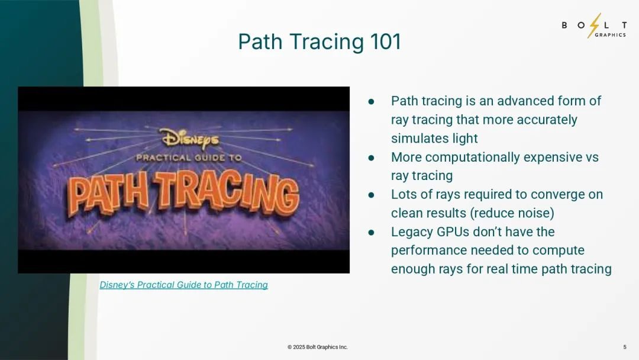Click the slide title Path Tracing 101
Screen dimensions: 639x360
[x=319, y=41]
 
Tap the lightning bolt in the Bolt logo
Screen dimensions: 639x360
[x=595, y=25]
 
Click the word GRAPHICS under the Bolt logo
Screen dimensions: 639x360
[x=610, y=35]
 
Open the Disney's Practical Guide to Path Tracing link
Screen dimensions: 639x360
[x=184, y=285]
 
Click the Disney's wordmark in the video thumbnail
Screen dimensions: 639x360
[x=189, y=139]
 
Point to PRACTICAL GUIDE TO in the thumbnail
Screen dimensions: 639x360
[x=189, y=157]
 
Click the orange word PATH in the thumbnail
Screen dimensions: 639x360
[x=108, y=195]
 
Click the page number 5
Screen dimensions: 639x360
[x=625, y=347]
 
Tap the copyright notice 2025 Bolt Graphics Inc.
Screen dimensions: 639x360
[x=318, y=347]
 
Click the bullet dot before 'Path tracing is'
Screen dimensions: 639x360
[x=371, y=101]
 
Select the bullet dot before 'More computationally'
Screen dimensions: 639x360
[x=371, y=157]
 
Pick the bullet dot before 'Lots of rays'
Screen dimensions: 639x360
[x=371, y=195]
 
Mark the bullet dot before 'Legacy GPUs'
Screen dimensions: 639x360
[x=371, y=232]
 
